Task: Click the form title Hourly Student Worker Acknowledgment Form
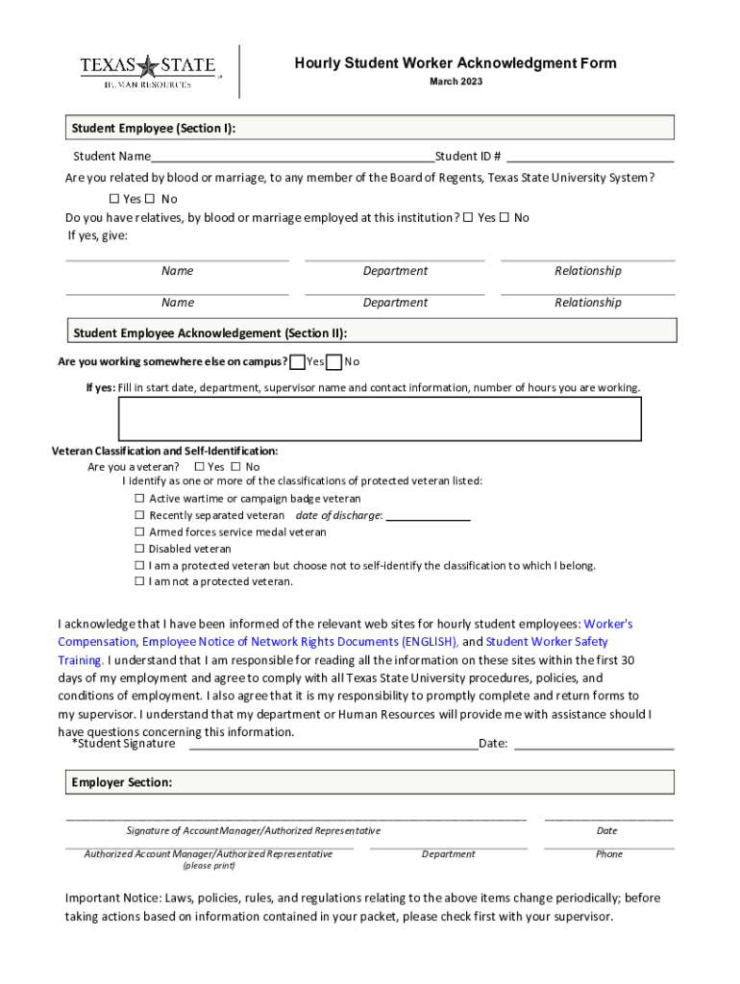[456, 63]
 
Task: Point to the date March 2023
[456, 82]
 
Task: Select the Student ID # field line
[590, 157]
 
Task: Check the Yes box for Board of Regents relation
[113, 199]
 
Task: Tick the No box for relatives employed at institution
[504, 217]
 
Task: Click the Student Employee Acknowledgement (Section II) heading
[210, 333]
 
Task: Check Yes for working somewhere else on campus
[298, 361]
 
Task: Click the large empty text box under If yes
[380, 419]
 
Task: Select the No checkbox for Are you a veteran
[235, 467]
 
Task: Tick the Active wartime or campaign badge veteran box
[138, 499]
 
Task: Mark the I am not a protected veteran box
[138, 581]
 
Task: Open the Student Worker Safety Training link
[547, 642]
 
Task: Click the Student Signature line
[333, 744]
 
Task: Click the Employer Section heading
[122, 782]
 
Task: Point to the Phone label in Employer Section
[608, 853]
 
